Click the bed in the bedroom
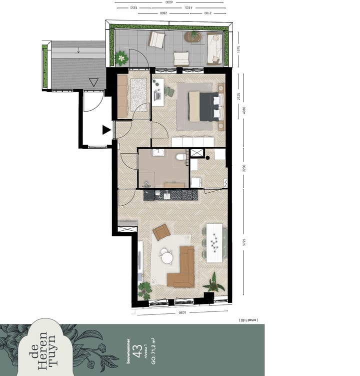(x=204, y=107)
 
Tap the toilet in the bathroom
(x=180, y=158)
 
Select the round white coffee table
(x=166, y=258)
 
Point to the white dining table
(x=214, y=243)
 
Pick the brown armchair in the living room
(x=161, y=232)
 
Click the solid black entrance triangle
(x=106, y=130)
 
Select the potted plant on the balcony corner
(x=121, y=58)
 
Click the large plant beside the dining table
(x=214, y=283)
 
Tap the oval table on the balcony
(x=192, y=36)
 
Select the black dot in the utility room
(x=207, y=158)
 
